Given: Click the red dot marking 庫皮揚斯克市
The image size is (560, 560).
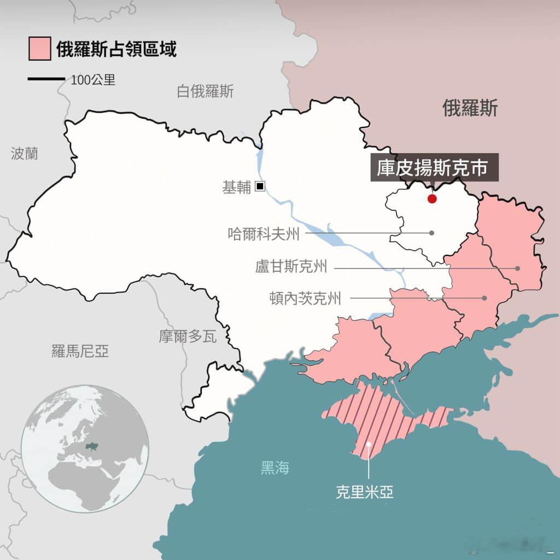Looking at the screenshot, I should pos(432,199).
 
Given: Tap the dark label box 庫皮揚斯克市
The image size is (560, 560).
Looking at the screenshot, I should pos(435,167).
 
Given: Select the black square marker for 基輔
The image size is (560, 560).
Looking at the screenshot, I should pos(260,186).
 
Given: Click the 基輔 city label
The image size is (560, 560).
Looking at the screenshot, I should pos(236,188).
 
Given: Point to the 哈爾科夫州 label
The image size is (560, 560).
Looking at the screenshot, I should pos(264,234).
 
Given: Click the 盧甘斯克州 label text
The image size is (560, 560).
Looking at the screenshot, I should pos(291,267).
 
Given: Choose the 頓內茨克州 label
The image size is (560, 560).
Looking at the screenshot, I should pos(305,299).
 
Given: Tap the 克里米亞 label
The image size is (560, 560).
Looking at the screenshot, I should pos(364,492).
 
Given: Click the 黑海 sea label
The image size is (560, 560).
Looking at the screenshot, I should pos(275,468).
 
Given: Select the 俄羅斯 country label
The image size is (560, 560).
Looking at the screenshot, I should pos(470,109).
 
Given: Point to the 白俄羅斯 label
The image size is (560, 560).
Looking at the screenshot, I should pos(205,91).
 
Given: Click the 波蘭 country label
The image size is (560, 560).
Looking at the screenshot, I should pos(25,153).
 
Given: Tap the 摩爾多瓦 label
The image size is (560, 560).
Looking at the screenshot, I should pos(188,336).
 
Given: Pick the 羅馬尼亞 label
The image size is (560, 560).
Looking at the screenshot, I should pos(80,351).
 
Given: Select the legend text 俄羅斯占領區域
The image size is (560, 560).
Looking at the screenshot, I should pos(116,50).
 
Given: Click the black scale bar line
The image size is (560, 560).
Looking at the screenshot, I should pos(46,79).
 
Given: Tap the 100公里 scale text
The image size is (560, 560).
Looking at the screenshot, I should pos(93,80).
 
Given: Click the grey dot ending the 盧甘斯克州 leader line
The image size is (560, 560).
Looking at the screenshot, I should pos(517,269).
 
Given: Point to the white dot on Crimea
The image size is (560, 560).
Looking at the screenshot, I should pos(369,444).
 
